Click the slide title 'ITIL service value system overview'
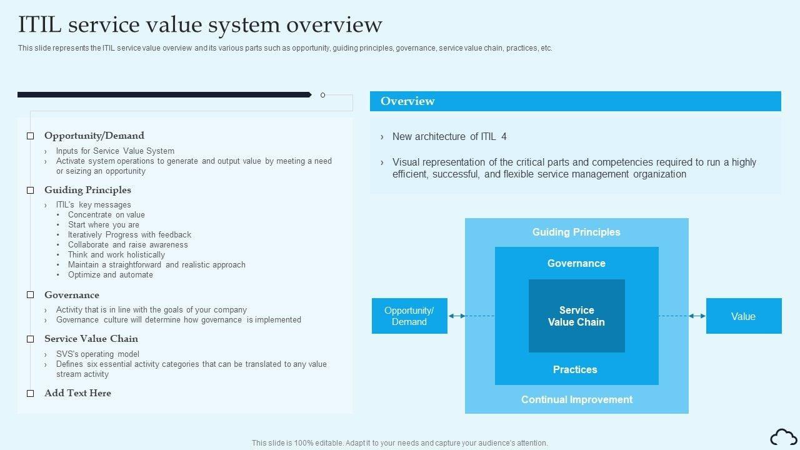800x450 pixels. (x=200, y=24)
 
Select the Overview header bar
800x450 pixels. (x=575, y=101)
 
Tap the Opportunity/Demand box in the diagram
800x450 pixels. (x=409, y=316)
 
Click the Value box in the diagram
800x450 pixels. (x=743, y=316)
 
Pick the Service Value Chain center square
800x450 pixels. (x=576, y=316)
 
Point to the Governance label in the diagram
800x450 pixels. (x=576, y=263)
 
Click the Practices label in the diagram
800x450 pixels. (x=575, y=369)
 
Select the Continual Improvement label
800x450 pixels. (x=577, y=399)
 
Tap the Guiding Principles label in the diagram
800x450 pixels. (x=576, y=232)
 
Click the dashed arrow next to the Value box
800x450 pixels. (x=682, y=316)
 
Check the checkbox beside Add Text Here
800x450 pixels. (x=30, y=394)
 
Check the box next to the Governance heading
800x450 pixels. (x=30, y=295)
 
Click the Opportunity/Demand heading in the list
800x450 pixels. (x=94, y=136)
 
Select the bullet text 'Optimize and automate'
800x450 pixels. (x=111, y=274)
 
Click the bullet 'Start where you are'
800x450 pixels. (x=104, y=224)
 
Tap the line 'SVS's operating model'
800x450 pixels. (x=97, y=354)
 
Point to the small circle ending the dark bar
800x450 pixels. (x=322, y=95)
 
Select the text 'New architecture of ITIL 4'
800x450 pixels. (x=449, y=136)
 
